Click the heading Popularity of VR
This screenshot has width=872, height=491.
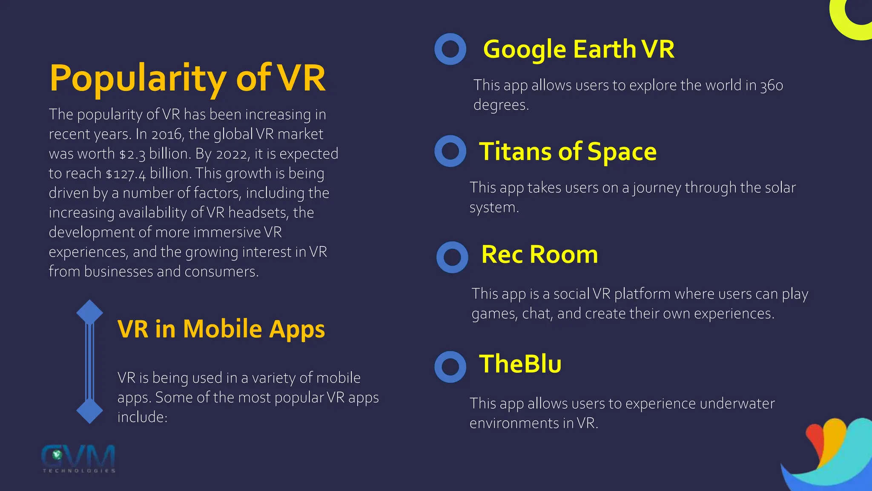(x=187, y=78)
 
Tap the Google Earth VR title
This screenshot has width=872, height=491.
(x=579, y=49)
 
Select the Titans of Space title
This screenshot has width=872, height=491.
(x=568, y=151)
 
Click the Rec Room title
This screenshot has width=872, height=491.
(x=539, y=254)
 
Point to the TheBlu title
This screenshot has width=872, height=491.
(x=520, y=364)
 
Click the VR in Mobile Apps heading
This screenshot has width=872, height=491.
(x=221, y=329)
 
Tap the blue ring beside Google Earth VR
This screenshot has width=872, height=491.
(x=450, y=49)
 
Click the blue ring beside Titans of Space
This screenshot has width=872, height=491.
(x=450, y=151)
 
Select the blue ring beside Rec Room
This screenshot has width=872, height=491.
(x=452, y=257)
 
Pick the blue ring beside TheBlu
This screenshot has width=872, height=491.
(x=450, y=367)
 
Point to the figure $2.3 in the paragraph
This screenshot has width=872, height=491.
(x=132, y=154)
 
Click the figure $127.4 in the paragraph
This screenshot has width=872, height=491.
(x=126, y=174)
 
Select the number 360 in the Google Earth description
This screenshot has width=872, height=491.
(x=772, y=86)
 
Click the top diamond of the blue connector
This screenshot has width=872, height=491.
(x=89, y=312)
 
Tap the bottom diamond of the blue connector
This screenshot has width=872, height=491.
(x=89, y=411)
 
